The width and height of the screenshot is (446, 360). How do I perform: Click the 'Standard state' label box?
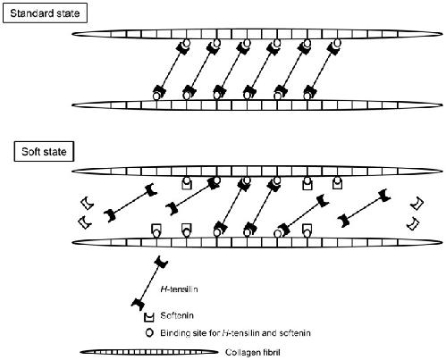point(45,13)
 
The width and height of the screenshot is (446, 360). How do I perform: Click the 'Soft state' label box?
point(44,152)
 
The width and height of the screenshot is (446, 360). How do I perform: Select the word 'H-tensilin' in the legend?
point(179,289)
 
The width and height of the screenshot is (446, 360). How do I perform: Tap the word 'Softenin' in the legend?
point(177,315)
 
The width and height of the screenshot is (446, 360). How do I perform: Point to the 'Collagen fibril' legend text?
point(253,353)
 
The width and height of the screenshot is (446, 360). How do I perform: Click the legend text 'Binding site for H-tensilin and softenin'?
point(235,332)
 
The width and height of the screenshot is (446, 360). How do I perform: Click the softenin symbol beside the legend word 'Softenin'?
point(148,317)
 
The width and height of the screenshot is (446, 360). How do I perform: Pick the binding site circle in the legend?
point(149,332)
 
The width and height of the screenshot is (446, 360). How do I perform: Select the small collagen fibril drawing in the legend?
point(149,352)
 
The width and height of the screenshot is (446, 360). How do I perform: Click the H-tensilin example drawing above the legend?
point(149,283)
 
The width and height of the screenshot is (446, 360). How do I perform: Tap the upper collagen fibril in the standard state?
point(257,34)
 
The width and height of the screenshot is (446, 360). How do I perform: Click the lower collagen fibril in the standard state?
point(257,105)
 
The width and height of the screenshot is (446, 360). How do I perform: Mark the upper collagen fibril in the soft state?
point(257,172)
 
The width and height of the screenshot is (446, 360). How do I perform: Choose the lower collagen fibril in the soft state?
point(257,242)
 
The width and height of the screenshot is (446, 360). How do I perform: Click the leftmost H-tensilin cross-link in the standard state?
point(172,69)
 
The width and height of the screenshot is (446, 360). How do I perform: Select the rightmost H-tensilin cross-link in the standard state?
point(323,69)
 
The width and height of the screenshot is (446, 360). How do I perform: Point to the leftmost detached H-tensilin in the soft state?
point(130,204)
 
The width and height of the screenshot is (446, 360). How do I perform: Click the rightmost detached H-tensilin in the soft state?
point(364,208)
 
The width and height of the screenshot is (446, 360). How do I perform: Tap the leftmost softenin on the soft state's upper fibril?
point(187,184)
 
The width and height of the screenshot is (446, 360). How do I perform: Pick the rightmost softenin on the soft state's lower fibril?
point(307,230)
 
